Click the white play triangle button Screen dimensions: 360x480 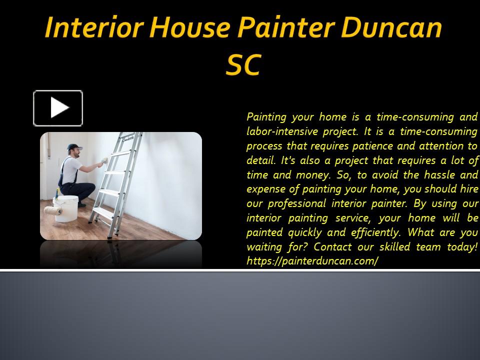tap(58, 108)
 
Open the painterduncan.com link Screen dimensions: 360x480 tap(312, 261)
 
